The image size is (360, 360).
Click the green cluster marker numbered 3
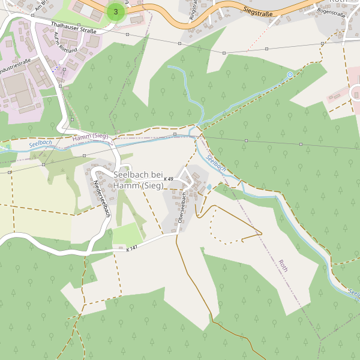116,11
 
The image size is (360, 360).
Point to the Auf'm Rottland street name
66,41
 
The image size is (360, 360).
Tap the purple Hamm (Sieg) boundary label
90,137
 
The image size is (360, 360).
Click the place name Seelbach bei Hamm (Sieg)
138,180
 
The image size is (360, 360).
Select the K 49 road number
168,179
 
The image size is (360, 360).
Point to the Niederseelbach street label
101,199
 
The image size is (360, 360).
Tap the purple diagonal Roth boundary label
283,266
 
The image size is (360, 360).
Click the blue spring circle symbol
290,74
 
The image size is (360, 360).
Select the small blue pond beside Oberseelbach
209,187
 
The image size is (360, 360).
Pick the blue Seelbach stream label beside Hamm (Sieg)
40,143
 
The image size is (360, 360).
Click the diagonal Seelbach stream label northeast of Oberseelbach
216,163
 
